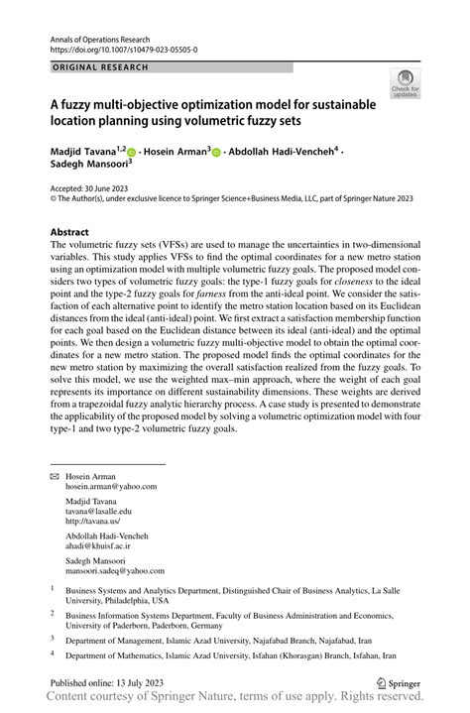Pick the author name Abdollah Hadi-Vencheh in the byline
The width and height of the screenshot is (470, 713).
[281, 152]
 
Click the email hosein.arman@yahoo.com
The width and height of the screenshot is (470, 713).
[112, 487]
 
